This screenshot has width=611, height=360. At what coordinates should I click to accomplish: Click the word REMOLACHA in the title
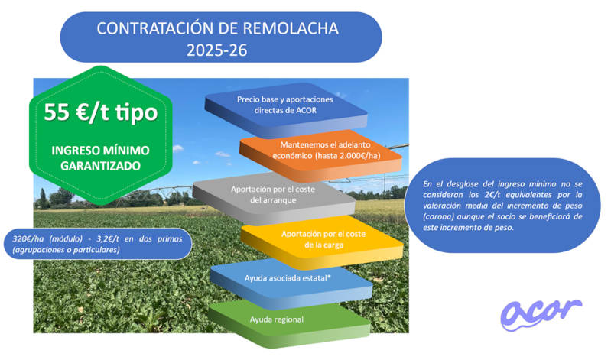point(291,28)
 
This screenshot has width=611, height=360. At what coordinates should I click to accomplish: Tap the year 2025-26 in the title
point(217,50)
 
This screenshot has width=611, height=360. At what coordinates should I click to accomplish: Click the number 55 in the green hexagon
point(57,112)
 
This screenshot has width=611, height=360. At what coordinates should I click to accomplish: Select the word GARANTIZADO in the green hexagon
point(100,166)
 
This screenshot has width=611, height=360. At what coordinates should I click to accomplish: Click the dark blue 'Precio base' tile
point(286,109)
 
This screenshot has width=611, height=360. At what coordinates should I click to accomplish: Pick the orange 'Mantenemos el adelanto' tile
point(321,154)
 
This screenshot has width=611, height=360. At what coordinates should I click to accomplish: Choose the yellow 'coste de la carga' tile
point(322,242)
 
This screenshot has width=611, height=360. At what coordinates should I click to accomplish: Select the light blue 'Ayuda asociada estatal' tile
point(291,284)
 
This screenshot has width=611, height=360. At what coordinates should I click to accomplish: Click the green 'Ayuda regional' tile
point(289,323)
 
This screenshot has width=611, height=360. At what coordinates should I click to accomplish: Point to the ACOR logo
point(541,314)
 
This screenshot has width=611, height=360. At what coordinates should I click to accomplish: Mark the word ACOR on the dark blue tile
point(307,110)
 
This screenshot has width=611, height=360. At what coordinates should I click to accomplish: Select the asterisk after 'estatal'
point(329,276)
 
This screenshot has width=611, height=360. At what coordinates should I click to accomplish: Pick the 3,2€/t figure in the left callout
point(108,238)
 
